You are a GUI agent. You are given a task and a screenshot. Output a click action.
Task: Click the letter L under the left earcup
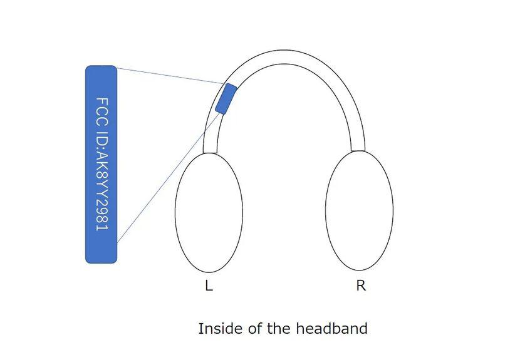pyautogui.click(x=209, y=286)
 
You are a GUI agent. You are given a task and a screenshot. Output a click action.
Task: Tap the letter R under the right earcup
pyautogui.click(x=361, y=285)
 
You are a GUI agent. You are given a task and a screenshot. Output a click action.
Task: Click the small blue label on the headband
pyautogui.click(x=226, y=99)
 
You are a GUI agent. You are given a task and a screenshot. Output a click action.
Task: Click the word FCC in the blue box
pyautogui.click(x=101, y=110)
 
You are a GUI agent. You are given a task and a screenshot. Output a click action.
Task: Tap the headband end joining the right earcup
pyautogui.click(x=358, y=148)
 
